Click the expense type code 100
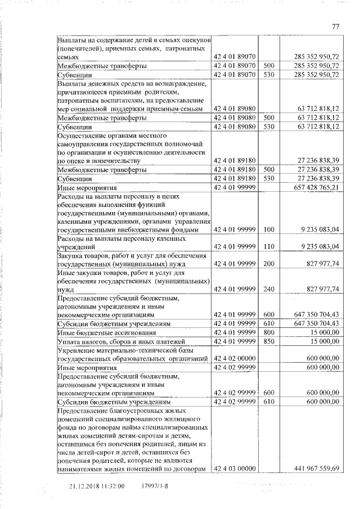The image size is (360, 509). tap(268, 229)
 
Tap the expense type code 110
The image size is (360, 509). tap(268, 246)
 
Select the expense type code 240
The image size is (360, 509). tap(268, 289)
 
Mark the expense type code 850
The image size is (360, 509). tap(268, 341)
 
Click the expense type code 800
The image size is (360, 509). tap(268, 332)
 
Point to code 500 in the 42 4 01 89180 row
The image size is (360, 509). tap(268, 169)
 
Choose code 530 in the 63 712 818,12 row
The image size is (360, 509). tap(268, 127)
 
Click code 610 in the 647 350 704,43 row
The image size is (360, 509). tap(268, 324)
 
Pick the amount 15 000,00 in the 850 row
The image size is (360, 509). tap(325, 341)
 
